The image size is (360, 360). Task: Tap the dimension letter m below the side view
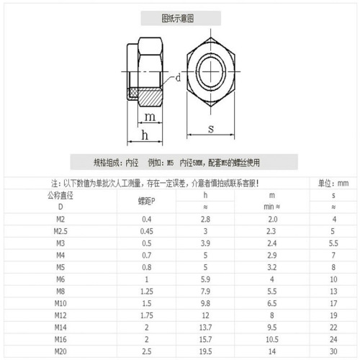click(149, 117)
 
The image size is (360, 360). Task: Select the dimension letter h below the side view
click(145, 136)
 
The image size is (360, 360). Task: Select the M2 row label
click(60, 218)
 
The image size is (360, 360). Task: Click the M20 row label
click(60, 351)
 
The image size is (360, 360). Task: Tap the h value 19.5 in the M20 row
click(205, 351)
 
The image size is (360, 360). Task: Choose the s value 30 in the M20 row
click(333, 351)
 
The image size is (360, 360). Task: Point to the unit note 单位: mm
click(333, 184)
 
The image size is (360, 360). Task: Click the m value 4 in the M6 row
click(271, 279)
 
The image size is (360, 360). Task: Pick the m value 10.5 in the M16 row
click(271, 338)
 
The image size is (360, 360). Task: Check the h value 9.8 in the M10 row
click(205, 302)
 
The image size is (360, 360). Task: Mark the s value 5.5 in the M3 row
click(333, 243)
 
